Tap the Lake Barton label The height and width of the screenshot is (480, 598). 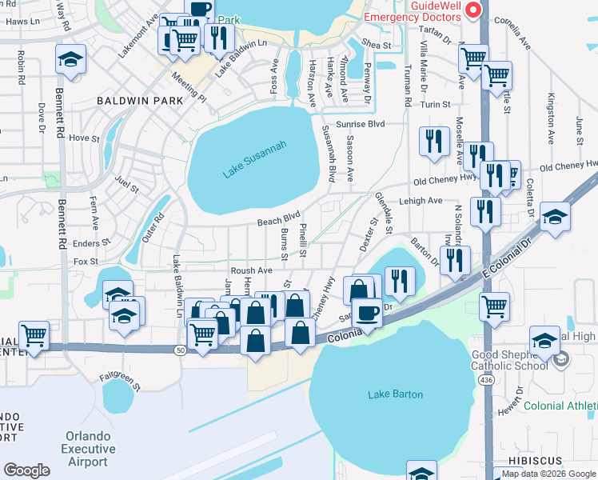pyautogui.click(x=395, y=394)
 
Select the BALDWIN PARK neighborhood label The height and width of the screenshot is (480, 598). pyautogui.click(x=140, y=102)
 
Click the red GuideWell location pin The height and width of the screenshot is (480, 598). pyautogui.click(x=472, y=10)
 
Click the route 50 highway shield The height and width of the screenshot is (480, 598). pyautogui.click(x=181, y=350)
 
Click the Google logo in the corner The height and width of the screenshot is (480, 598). pyautogui.click(x=26, y=470)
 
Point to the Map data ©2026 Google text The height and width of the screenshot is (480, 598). pyautogui.click(x=548, y=474)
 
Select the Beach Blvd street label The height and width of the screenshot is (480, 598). pyautogui.click(x=277, y=218)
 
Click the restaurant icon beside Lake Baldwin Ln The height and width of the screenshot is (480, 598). pyautogui.click(x=217, y=36)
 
